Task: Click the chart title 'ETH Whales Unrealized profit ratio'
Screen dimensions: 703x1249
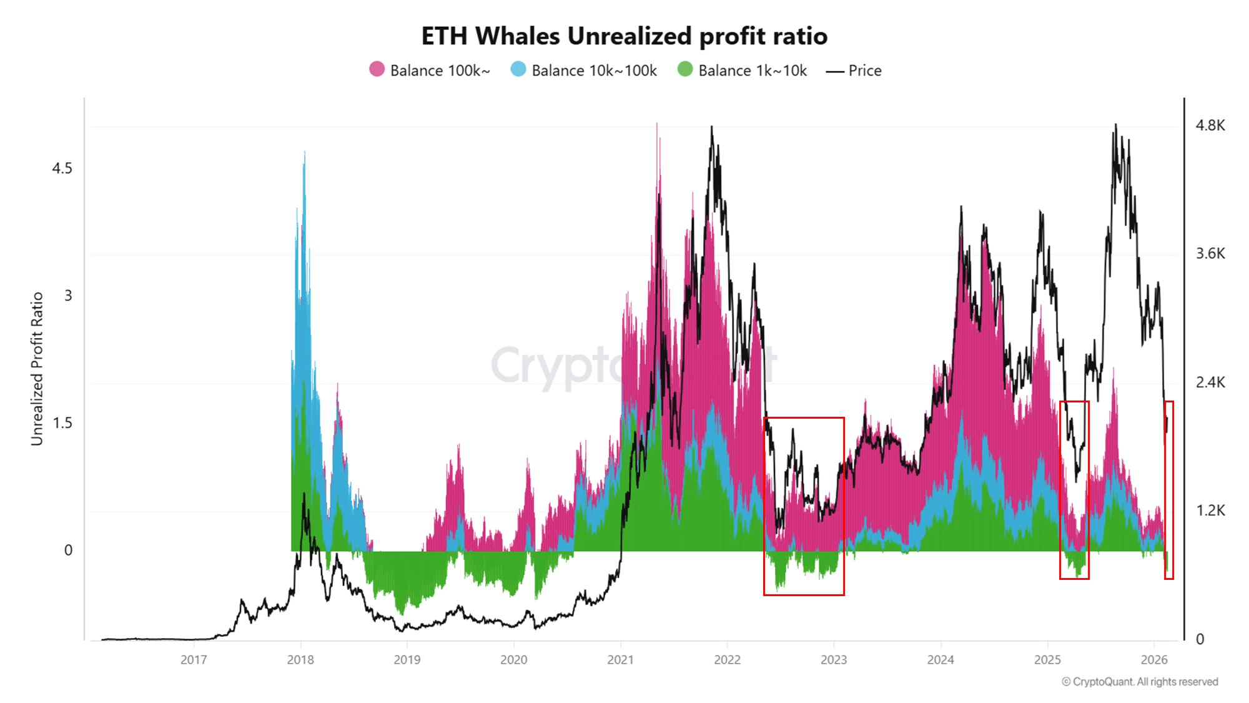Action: (x=624, y=36)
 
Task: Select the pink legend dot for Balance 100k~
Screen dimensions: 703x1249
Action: (x=377, y=69)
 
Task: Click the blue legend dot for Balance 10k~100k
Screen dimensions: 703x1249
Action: (x=518, y=69)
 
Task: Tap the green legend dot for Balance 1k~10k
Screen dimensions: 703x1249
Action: (x=685, y=69)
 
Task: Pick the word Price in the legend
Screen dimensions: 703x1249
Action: (x=865, y=71)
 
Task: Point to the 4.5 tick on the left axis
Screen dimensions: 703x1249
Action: (x=62, y=169)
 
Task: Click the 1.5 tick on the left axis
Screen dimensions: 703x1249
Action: (x=62, y=423)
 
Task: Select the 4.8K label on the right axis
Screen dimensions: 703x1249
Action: (x=1210, y=126)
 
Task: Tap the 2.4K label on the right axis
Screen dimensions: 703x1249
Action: (x=1210, y=382)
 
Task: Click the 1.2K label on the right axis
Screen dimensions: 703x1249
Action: (x=1210, y=511)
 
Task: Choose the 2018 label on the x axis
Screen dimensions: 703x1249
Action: (x=300, y=660)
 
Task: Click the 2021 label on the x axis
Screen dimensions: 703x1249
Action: (x=620, y=660)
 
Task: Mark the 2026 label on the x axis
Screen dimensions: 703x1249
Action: (x=1153, y=660)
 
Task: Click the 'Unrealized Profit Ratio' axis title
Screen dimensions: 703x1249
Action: (x=37, y=369)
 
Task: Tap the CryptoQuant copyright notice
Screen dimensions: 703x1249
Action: (x=1140, y=682)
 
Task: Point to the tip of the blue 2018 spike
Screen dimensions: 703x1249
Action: (x=304, y=152)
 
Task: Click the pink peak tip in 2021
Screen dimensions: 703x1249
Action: (x=657, y=124)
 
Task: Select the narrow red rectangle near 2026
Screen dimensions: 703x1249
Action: (x=1169, y=490)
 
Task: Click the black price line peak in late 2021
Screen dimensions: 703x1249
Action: (x=711, y=127)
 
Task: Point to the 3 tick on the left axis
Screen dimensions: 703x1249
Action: (x=68, y=296)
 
